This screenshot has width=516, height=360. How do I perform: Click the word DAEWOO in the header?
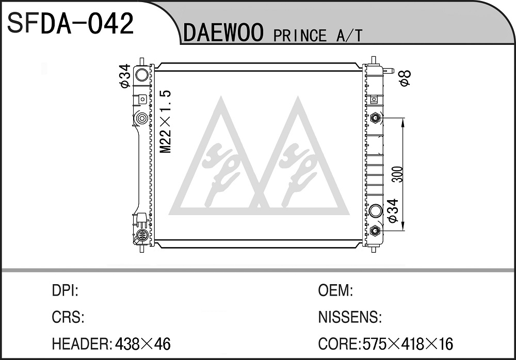(x=223, y=32)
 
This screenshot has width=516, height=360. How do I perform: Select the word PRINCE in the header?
(x=300, y=35)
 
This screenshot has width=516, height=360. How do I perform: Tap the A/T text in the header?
(x=349, y=35)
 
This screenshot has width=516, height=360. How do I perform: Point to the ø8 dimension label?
(x=405, y=78)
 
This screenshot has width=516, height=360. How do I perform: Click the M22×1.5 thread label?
(x=166, y=121)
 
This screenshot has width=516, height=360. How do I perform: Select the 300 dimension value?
(x=397, y=174)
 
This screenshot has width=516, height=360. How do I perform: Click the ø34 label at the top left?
(x=125, y=76)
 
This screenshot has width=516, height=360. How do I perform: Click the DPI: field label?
(x=65, y=290)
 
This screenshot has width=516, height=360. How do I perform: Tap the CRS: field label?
(x=68, y=317)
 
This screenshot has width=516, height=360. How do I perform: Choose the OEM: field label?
(x=335, y=290)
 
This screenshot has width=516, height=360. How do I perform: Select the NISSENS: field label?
(x=350, y=317)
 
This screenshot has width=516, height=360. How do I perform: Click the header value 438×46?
(x=142, y=344)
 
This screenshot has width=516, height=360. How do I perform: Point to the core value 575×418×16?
(x=408, y=344)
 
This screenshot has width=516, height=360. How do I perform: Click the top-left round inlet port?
(x=141, y=75)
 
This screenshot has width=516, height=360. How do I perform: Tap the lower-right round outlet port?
(x=376, y=210)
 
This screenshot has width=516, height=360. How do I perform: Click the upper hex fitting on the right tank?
(x=375, y=118)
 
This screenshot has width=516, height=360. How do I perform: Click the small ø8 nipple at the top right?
(x=389, y=71)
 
